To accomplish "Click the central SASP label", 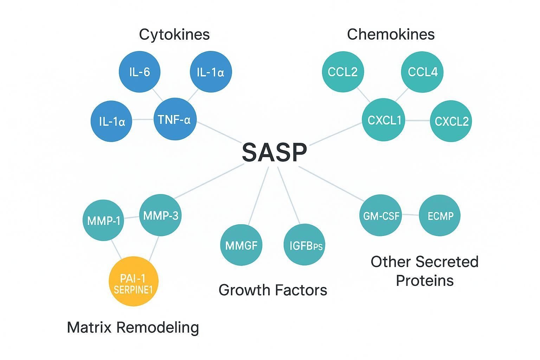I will click(274, 153).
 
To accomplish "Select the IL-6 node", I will click(140, 72).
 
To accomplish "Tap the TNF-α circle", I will click(175, 120).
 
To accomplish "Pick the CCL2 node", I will click(343, 72).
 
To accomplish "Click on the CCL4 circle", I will click(422, 72).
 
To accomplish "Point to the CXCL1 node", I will click(384, 120).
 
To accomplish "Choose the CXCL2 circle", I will click(451, 121).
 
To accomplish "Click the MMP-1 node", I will click(103, 220).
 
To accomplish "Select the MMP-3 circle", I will click(161, 215).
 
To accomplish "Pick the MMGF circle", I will click(241, 245).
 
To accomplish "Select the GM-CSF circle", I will click(381, 216).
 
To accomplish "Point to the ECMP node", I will click(440, 216).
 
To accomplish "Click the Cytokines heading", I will click(174, 34).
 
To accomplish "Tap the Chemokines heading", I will click(391, 34).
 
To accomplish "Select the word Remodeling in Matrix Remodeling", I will click(157, 327).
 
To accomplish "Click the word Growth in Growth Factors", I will click(244, 290).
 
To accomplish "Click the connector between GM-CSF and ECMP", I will click(411, 214).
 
